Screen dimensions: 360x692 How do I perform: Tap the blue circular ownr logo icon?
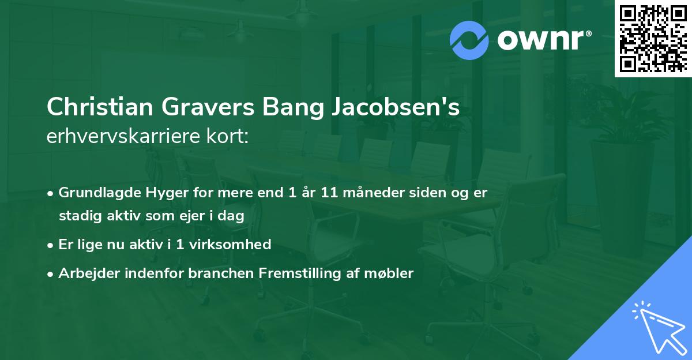470,40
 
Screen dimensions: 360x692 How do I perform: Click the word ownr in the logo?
543,40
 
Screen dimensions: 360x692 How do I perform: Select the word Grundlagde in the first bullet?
95,193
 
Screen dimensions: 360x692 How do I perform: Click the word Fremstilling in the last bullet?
309,273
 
